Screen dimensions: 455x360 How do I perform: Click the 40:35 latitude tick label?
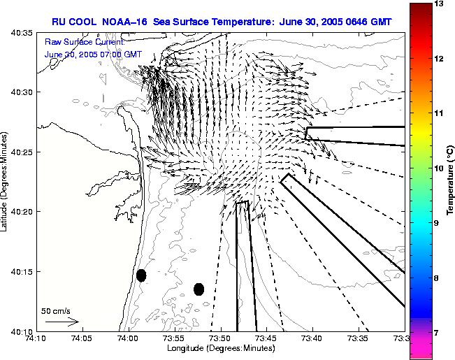22,33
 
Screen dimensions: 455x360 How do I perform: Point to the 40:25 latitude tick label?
22,152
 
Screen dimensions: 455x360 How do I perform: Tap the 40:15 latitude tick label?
22,272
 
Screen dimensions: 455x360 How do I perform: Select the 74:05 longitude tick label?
82,338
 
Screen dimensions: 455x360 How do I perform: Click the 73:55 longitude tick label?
175,338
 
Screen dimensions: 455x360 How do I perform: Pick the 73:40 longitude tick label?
313,338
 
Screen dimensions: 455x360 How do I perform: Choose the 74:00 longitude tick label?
129,338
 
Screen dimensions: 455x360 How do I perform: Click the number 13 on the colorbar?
439,3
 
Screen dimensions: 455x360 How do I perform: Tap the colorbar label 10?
439,168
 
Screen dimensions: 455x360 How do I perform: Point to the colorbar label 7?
437,333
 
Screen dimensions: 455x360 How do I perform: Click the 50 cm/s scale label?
56,311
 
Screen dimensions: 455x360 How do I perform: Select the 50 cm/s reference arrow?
62,322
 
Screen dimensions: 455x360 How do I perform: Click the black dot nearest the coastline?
141,275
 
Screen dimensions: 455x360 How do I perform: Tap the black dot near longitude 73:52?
198,289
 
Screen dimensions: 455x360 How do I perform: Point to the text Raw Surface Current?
85,42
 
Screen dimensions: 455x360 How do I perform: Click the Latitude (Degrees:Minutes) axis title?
4,182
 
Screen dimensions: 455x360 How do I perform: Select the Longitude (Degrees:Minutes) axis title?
221,348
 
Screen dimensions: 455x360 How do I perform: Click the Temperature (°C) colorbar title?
450,180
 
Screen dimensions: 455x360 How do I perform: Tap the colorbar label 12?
439,59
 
